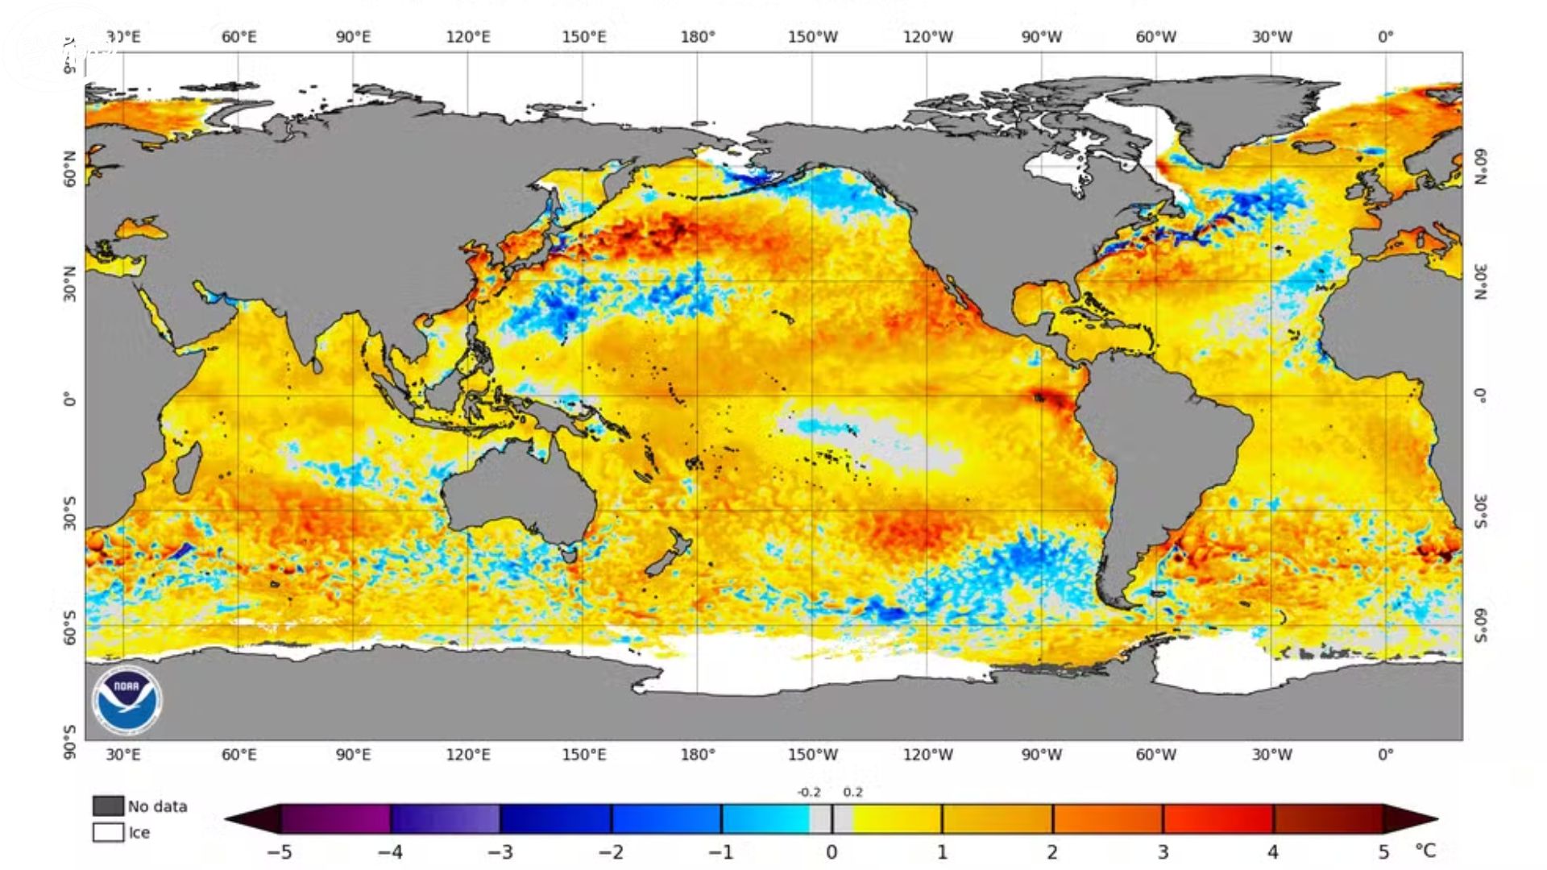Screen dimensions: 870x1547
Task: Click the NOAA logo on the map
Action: point(126,700)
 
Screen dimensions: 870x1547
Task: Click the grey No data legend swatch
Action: point(108,806)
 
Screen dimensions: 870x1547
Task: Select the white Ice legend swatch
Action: point(108,832)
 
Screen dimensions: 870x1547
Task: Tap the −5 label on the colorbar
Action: point(279,851)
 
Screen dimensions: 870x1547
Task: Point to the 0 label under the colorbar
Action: point(832,851)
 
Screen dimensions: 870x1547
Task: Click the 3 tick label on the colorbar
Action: point(1163,851)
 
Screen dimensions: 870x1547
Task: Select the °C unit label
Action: point(1425,851)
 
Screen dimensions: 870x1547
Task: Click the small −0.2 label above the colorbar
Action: point(809,792)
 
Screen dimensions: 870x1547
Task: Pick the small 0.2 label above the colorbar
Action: point(852,792)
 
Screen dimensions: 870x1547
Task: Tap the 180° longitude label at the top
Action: point(698,37)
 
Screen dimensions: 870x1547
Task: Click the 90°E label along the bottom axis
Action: point(354,755)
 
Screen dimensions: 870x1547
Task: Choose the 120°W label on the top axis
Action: point(927,37)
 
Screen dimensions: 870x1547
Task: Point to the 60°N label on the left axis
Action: point(70,168)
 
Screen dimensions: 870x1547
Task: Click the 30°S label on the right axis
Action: point(1481,512)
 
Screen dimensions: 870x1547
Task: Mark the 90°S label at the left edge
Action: point(70,742)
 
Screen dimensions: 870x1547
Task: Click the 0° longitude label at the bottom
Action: point(1385,755)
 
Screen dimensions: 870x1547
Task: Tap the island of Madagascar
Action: point(187,467)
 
